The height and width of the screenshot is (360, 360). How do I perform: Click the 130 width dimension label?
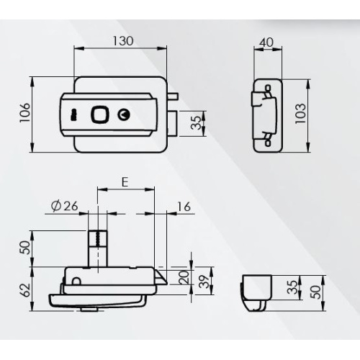point(123,41)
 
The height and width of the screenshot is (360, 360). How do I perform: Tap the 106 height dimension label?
point(24,113)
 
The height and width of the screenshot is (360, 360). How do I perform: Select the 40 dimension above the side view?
point(266,42)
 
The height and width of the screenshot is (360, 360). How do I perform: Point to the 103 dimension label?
point(300,114)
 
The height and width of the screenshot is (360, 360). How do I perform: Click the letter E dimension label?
point(125,182)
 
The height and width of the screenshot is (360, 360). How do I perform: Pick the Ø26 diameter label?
point(65,206)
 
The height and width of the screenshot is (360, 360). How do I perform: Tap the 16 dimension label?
point(184,207)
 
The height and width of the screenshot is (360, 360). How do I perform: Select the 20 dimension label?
point(184,277)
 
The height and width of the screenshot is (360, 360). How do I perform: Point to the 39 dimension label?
point(204,282)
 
